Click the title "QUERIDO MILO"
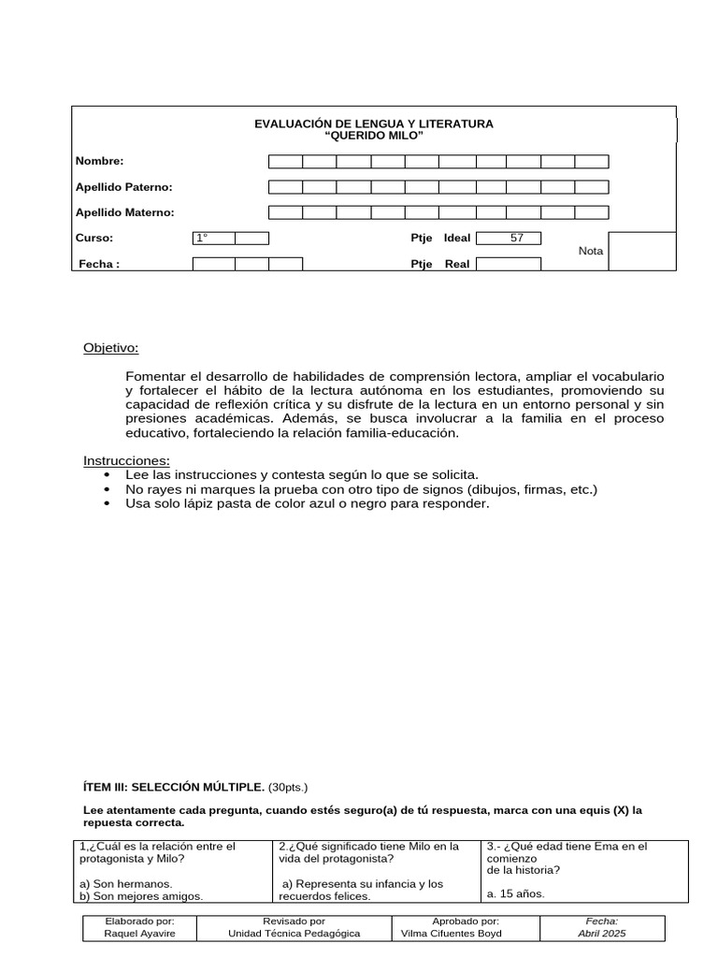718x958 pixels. tap(373, 137)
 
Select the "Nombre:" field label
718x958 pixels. tap(99, 162)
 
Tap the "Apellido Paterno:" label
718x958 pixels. tap(123, 187)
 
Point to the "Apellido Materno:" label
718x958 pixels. tap(124, 212)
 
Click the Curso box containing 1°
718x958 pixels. tap(213, 239)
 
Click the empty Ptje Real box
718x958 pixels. tap(509, 264)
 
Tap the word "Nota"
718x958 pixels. tap(591, 251)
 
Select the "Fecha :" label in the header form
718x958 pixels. tap(99, 264)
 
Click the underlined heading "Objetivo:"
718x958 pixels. tap(110, 348)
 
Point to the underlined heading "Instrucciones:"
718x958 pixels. tap(127, 461)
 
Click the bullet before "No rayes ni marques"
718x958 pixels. tap(113, 489)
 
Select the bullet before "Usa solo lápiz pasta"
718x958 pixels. tap(113, 503)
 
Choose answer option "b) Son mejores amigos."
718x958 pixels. tap(141, 895)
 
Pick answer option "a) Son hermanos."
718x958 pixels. tap(125, 883)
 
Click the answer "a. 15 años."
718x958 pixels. tap(516, 893)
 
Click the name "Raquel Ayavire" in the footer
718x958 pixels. tap(139, 934)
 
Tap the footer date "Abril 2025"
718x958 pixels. tap(602, 934)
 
